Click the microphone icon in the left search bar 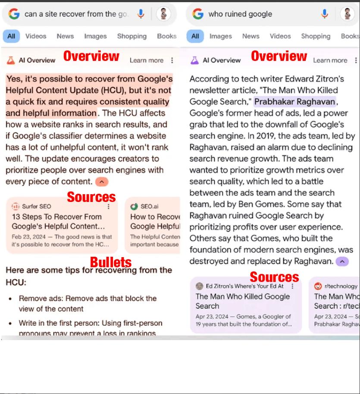141,14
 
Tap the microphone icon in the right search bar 325,14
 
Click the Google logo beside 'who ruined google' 198,14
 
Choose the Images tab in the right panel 220,36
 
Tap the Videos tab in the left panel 36,36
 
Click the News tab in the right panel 250,36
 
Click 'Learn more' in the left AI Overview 146,60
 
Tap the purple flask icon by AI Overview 195,60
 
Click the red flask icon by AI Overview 11,60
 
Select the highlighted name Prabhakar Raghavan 295,102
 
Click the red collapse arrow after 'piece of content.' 101,182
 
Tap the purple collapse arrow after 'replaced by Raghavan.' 341,261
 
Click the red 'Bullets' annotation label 111,262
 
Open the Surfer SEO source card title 57,221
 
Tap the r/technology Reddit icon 318,286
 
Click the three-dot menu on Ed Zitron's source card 293,286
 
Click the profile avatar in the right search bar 347,14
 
